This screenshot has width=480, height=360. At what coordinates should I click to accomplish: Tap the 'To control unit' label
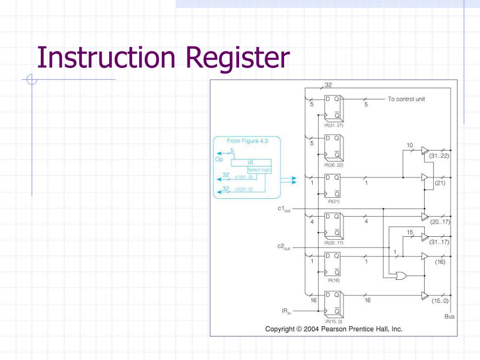(x=406, y=99)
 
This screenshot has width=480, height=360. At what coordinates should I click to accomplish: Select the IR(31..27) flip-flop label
(x=333, y=125)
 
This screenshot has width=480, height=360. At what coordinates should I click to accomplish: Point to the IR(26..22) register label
(x=333, y=165)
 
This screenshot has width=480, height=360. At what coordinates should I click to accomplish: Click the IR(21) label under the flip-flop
(x=333, y=201)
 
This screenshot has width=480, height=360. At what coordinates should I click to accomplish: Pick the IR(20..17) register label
(x=333, y=243)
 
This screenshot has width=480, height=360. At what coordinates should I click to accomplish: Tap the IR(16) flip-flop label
(x=333, y=280)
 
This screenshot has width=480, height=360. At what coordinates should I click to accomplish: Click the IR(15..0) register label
(x=333, y=322)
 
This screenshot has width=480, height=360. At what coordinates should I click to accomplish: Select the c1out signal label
(x=284, y=210)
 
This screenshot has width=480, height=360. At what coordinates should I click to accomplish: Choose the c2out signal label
(x=284, y=247)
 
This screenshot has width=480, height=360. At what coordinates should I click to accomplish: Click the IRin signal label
(x=286, y=311)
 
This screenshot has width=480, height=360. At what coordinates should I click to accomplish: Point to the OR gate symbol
(x=401, y=276)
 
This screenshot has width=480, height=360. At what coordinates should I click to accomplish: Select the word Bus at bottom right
(x=449, y=316)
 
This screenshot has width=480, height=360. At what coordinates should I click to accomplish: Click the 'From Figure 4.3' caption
(x=247, y=141)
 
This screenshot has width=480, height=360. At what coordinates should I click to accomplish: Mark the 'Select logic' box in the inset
(x=259, y=170)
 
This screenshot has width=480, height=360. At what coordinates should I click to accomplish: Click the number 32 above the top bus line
(x=328, y=85)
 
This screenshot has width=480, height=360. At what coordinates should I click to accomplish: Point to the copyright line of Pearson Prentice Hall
(x=334, y=329)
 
